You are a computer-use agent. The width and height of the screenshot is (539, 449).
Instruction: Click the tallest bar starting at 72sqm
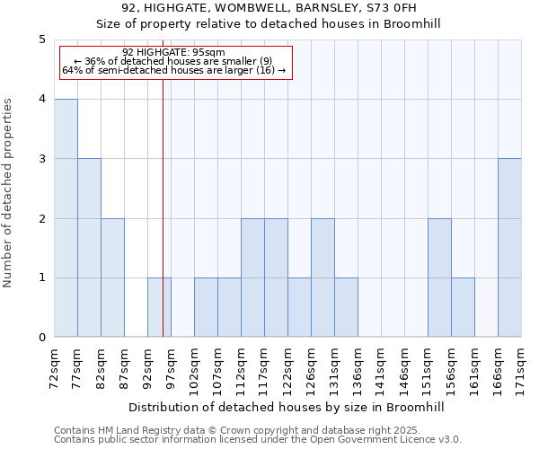tap(66, 218)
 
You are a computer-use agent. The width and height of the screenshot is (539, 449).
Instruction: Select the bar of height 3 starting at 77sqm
tap(89, 248)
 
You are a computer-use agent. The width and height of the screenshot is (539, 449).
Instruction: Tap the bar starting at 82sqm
tap(112, 277)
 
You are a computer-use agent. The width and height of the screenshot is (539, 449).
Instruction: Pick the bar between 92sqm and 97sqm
tap(159, 307)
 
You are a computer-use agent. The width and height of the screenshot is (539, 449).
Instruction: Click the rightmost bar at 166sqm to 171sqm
tap(509, 248)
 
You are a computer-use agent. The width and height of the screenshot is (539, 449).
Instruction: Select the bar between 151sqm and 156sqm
tap(439, 277)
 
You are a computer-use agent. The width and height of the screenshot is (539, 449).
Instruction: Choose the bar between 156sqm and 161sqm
tap(463, 307)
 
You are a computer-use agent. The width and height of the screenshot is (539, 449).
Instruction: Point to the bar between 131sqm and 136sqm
tap(346, 307)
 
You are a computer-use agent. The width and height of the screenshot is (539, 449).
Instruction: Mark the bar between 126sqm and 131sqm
tap(323, 277)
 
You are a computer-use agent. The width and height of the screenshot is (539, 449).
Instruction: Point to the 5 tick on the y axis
tap(41, 40)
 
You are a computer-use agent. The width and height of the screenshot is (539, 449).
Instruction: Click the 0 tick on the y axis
tap(41, 338)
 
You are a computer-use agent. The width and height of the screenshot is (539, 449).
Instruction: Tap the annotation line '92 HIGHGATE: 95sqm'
tap(173, 52)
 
